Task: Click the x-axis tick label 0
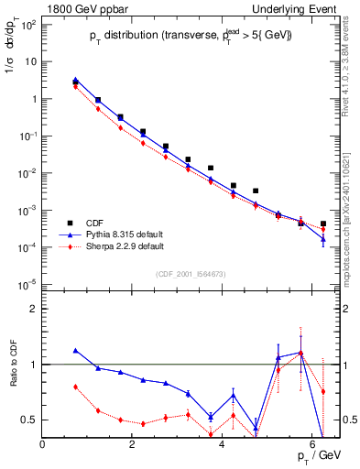(x=43, y=444)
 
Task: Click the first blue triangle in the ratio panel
(x=75, y=350)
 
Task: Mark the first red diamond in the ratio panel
(x=75, y=387)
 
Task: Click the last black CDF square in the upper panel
(x=323, y=224)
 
